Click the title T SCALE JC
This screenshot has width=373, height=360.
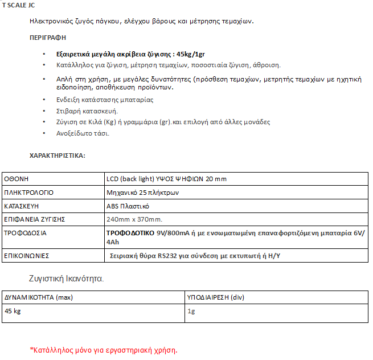[18, 5]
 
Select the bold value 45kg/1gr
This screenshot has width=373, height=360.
[190, 55]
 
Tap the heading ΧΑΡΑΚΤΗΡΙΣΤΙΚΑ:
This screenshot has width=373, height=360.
[57, 155]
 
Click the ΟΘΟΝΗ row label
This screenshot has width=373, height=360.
[17, 179]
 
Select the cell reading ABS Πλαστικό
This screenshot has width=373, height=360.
[128, 206]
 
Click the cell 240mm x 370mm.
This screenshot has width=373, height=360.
[134, 219]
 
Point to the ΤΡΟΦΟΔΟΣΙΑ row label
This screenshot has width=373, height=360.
[26, 233]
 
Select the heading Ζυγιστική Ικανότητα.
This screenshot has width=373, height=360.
[66, 279]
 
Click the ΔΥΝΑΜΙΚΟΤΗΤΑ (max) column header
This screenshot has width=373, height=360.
[39, 297]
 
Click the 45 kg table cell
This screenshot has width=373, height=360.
[14, 312]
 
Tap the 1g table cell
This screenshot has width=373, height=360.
[191, 312]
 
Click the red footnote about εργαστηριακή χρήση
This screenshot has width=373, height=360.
[103, 349]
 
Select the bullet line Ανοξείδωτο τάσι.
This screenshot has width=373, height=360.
[83, 133]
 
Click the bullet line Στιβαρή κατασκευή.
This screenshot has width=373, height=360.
[87, 111]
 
